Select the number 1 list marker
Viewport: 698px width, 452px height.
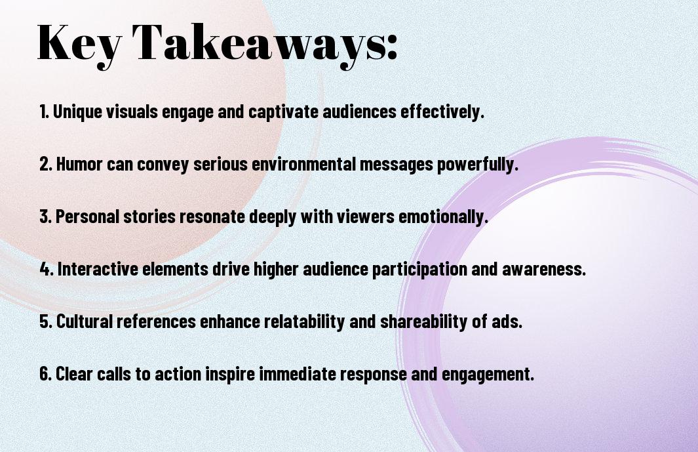click(x=44, y=112)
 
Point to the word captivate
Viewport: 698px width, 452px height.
click(x=284, y=112)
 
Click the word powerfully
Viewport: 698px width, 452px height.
click(x=478, y=165)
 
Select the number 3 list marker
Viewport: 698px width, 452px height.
click(x=46, y=216)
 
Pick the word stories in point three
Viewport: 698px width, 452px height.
click(x=149, y=216)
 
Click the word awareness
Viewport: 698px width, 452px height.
click(x=544, y=269)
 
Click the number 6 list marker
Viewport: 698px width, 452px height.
click(x=46, y=373)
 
